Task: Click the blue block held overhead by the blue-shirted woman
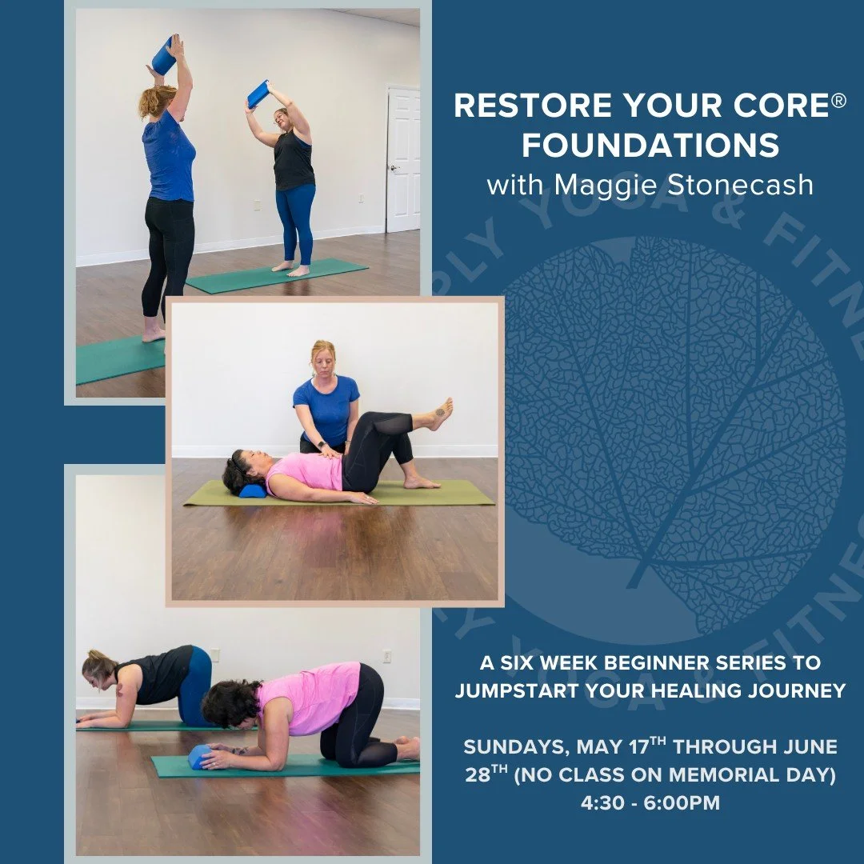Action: click(x=164, y=56)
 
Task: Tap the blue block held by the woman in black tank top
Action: click(x=258, y=94)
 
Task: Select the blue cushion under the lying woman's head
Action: click(x=252, y=490)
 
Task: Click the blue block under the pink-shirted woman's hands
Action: click(x=198, y=756)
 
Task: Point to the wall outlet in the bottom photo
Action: click(x=386, y=656)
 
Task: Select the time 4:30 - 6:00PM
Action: click(x=650, y=802)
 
